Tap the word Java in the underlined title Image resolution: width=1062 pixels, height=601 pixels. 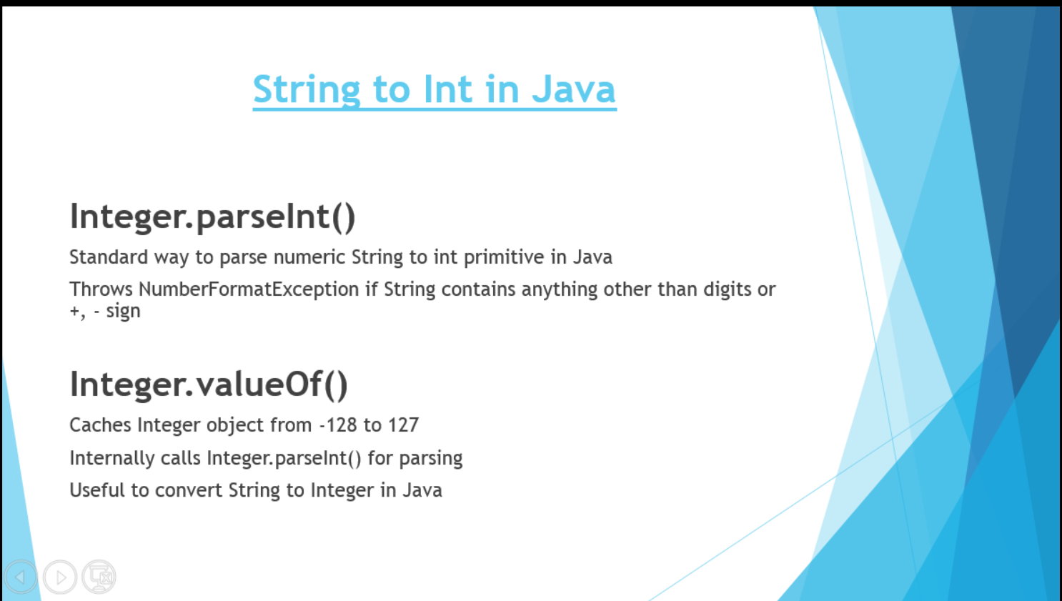click(x=573, y=89)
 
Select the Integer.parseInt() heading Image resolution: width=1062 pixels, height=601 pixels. click(x=212, y=217)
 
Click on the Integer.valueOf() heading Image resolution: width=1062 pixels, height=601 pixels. click(x=209, y=384)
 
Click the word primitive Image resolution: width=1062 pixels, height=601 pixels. click(x=504, y=257)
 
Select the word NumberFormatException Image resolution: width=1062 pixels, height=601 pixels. click(x=249, y=289)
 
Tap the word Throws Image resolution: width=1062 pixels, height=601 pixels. click(x=101, y=289)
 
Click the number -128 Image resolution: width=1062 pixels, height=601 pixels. click(x=338, y=425)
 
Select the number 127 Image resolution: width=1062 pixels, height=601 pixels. click(x=403, y=425)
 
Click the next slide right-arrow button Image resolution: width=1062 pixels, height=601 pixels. click(x=60, y=577)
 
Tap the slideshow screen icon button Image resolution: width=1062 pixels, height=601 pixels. click(x=99, y=577)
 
